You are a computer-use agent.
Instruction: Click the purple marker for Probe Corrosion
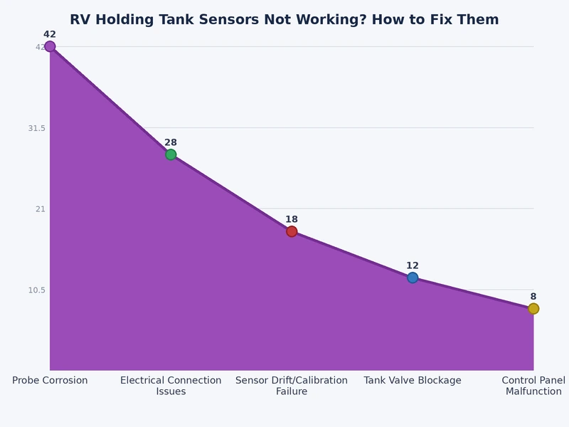tap(50, 46)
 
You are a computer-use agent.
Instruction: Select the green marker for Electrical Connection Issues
tap(171, 154)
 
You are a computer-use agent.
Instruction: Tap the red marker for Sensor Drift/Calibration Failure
tap(292, 231)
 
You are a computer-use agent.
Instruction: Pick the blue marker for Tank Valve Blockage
tap(413, 278)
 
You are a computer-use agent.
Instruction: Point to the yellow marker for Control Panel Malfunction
tap(533, 308)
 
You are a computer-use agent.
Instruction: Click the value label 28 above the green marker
tap(171, 142)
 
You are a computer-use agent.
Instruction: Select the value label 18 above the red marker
tap(292, 219)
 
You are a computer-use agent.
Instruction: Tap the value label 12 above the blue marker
tap(413, 265)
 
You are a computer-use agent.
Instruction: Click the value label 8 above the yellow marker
tap(533, 296)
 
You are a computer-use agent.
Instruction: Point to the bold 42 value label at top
tap(50, 34)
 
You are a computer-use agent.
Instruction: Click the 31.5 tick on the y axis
tap(36, 128)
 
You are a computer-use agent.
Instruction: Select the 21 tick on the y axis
tap(41, 209)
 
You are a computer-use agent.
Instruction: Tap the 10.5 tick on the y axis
tap(36, 290)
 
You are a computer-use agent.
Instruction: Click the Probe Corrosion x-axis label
tap(50, 381)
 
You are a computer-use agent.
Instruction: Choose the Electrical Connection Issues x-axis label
tap(171, 386)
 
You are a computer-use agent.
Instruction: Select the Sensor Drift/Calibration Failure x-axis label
tap(292, 386)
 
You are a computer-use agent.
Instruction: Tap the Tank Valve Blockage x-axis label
tap(413, 381)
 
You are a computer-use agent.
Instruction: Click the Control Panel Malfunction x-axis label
tap(533, 386)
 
